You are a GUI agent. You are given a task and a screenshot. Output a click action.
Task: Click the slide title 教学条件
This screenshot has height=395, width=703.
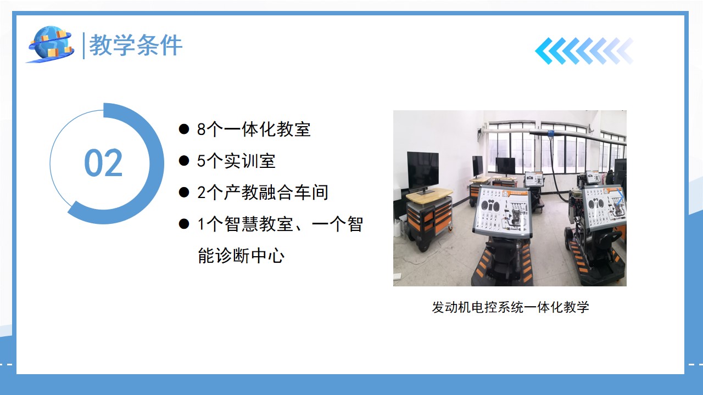136,46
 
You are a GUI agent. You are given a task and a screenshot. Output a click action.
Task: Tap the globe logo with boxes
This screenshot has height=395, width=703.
51,44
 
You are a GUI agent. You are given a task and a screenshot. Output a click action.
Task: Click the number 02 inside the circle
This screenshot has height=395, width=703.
103,163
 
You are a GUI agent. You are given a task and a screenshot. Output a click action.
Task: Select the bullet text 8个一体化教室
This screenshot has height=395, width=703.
254,129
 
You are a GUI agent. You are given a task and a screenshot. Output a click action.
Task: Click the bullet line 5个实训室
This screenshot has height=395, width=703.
236,161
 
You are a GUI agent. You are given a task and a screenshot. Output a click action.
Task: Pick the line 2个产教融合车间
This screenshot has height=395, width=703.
263,193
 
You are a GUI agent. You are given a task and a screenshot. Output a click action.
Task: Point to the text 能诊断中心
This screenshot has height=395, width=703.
241,256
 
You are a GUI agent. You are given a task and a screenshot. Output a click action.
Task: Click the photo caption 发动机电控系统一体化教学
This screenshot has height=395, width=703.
510,307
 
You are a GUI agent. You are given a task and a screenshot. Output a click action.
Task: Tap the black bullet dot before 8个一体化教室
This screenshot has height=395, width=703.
183,129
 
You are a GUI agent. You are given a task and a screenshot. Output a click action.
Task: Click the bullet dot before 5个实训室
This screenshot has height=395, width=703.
183,161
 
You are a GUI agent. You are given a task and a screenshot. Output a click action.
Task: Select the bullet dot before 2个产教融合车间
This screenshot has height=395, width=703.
183,193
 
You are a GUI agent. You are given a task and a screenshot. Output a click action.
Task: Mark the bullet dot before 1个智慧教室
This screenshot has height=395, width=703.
183,224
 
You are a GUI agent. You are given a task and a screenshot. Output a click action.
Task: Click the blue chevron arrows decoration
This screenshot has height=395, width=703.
584,51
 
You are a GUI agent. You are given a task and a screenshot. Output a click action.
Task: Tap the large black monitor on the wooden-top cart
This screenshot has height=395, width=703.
423,170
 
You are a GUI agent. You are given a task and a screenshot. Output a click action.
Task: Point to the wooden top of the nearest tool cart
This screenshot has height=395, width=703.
429,195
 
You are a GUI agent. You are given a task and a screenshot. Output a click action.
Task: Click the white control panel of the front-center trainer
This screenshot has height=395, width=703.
502,211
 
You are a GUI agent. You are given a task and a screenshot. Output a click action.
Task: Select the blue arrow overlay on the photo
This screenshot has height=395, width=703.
620,197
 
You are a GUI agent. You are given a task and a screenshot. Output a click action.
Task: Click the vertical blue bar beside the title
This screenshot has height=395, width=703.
83,46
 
